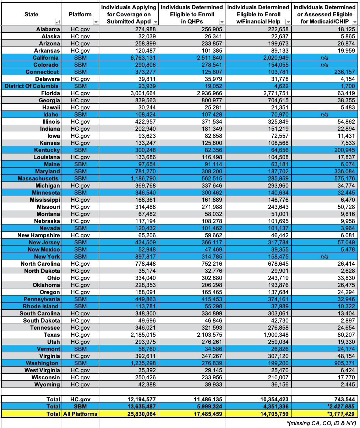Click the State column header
[x=31, y=14]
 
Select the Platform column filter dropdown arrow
[x=95, y=22]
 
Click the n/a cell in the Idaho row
[x=324, y=114]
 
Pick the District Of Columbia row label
[x=32, y=86]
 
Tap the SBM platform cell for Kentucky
[x=80, y=150]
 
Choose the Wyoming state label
[x=47, y=384]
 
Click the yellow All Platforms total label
[x=80, y=413]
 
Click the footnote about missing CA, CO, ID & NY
[x=321, y=423]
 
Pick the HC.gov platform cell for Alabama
[x=80, y=29]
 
